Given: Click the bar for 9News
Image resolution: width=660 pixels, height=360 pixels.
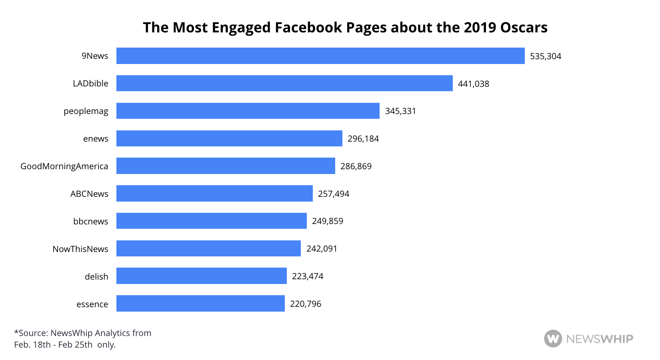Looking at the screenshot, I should (x=320, y=56).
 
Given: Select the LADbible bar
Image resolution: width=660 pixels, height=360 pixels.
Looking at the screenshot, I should (x=284, y=83).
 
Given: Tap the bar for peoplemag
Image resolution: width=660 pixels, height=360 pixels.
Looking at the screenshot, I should (x=248, y=111).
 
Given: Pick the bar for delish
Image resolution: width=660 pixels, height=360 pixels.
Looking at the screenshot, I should (x=201, y=276).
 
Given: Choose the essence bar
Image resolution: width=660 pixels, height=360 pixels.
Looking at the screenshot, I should (x=200, y=304).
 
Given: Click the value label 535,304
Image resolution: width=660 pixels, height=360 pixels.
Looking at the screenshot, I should (x=546, y=56).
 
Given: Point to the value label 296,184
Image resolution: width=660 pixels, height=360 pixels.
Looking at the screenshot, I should (x=363, y=139).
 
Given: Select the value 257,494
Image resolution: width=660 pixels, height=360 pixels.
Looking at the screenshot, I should (x=334, y=194).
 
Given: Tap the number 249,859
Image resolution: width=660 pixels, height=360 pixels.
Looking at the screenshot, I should (x=328, y=221).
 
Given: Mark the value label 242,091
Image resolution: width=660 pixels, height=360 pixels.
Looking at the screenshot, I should (x=322, y=249).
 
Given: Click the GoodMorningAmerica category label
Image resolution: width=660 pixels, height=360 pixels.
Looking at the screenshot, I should (x=64, y=166).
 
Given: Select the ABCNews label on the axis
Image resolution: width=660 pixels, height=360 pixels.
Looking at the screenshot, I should (x=89, y=194).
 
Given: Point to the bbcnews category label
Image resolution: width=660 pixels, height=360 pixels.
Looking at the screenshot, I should (x=91, y=222).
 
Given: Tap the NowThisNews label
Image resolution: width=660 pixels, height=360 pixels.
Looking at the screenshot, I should (x=80, y=249).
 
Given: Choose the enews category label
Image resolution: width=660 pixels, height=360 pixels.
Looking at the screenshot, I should (x=96, y=139).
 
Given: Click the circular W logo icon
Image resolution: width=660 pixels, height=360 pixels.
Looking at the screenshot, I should (x=553, y=339).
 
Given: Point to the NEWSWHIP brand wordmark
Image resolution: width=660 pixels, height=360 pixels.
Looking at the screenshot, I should (x=600, y=339).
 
